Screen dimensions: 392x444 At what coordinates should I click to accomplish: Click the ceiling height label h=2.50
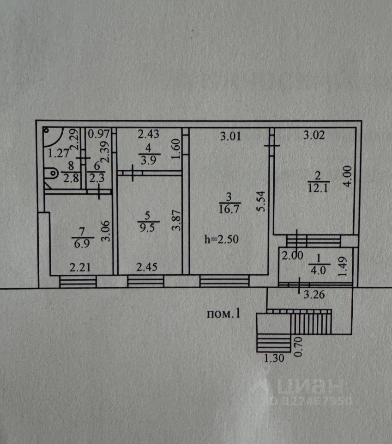click(x=222, y=240)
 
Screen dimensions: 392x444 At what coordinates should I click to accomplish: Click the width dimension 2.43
click(x=149, y=135)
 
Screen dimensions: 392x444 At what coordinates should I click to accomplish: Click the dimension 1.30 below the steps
click(x=274, y=357)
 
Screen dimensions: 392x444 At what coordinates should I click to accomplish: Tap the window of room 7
click(x=78, y=281)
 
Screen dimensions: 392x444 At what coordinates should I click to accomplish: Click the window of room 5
click(x=145, y=281)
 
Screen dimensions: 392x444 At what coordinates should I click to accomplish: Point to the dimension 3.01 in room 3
click(x=229, y=136)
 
